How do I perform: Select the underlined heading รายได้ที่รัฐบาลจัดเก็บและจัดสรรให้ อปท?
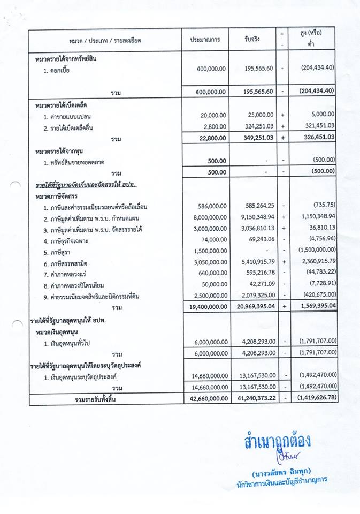click(86, 185)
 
